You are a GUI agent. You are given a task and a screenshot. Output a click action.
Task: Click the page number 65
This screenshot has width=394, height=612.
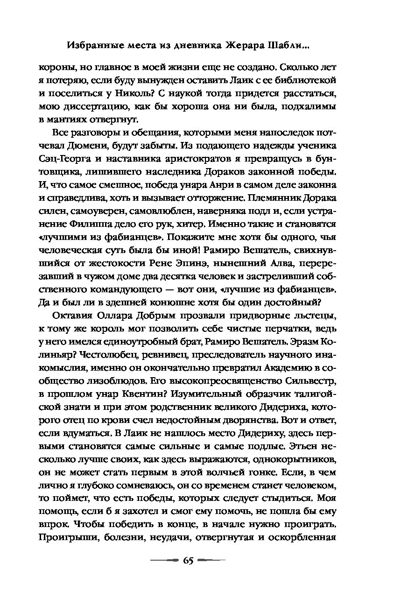pos(188,560)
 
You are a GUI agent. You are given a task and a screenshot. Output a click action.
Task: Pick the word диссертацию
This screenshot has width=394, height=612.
pos(77,107)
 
